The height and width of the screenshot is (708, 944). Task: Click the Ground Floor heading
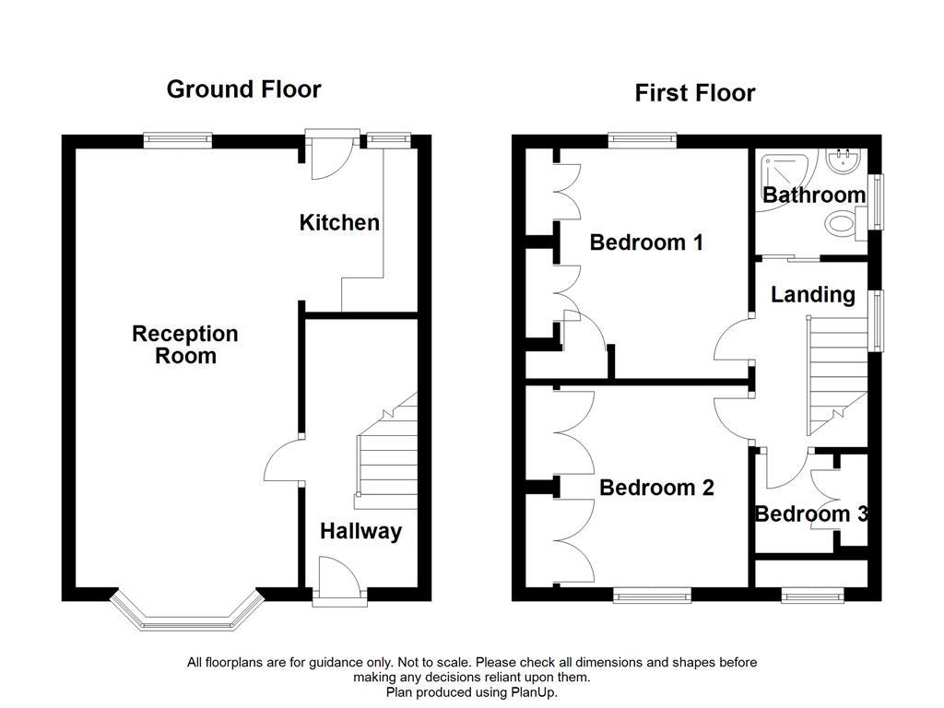[243, 89]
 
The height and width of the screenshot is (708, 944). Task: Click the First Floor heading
[694, 93]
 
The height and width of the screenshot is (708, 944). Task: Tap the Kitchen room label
[339, 222]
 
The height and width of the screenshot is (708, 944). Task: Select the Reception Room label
[184, 345]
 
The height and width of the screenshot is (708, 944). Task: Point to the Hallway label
[360, 531]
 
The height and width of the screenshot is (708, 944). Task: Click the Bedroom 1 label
[646, 242]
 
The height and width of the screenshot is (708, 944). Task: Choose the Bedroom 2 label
[656, 488]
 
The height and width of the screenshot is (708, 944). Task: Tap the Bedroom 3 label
[810, 514]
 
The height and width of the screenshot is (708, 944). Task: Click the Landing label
[812, 295]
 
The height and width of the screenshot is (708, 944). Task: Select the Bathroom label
[813, 195]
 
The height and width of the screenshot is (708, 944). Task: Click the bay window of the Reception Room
[184, 616]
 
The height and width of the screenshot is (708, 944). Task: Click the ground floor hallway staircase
[384, 456]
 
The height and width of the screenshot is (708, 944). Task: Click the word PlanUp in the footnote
[536, 691]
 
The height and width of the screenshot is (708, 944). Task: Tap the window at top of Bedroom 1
[643, 140]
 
